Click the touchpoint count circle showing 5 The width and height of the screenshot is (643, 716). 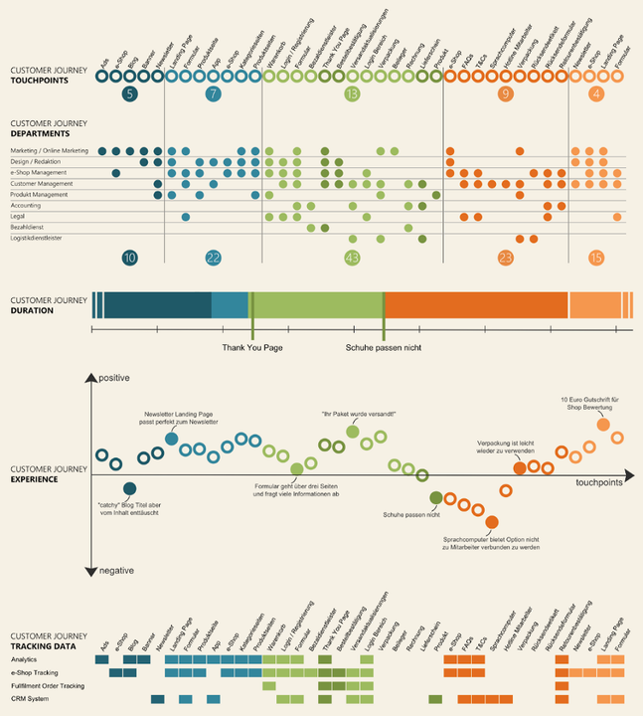[x=130, y=94]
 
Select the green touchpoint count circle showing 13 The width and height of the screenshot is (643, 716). [x=352, y=94]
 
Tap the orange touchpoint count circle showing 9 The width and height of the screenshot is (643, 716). [x=506, y=94]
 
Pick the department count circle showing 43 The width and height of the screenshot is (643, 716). [x=352, y=258]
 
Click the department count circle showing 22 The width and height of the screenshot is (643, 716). [x=213, y=258]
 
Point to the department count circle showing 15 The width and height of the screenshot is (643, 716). [x=596, y=258]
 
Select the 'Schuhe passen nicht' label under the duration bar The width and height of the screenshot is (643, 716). [x=384, y=348]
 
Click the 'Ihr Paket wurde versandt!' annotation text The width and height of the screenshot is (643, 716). [x=352, y=413]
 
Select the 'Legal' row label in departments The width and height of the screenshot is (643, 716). [x=19, y=216]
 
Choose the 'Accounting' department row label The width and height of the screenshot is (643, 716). [x=26, y=205]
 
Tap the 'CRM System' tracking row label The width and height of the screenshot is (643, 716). [x=30, y=699]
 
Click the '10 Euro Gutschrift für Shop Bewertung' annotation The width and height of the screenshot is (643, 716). [x=590, y=403]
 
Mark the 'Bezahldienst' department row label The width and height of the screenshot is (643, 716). [x=27, y=227]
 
